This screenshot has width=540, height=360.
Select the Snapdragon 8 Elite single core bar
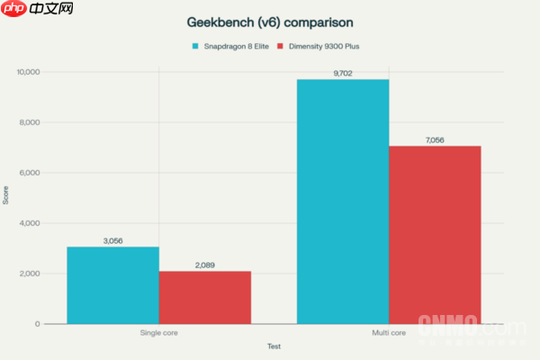(112, 284)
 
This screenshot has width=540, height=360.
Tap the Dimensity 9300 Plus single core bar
(205, 297)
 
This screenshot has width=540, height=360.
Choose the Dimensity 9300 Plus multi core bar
(435, 234)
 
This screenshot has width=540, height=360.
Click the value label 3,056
(112, 240)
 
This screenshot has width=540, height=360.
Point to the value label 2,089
(205, 265)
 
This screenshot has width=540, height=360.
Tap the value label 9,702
(343, 73)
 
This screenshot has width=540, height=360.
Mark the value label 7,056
(435, 139)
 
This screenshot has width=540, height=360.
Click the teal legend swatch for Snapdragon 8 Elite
(194, 45)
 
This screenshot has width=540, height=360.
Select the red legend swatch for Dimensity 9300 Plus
(281, 45)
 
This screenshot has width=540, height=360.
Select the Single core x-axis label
(158, 333)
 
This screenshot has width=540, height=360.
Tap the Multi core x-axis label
(389, 333)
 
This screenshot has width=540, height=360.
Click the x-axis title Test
(274, 346)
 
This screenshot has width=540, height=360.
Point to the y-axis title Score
(7, 197)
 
